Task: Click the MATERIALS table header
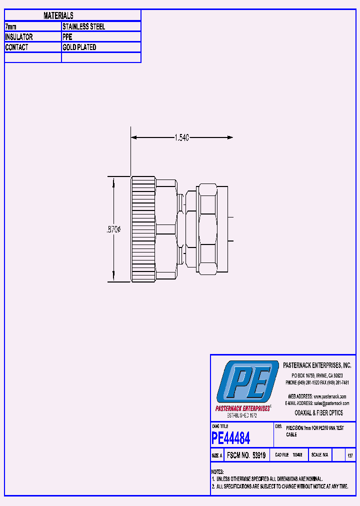click(58, 16)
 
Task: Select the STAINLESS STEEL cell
click(83, 26)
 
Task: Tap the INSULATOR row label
click(19, 37)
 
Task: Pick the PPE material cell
click(67, 37)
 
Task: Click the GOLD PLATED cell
click(79, 47)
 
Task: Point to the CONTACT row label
click(16, 47)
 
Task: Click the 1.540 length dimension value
click(181, 138)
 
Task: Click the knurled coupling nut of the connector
click(143, 229)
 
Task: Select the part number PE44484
click(231, 438)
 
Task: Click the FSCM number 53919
click(246, 455)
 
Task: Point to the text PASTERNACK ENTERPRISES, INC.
click(317, 365)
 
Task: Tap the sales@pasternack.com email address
click(331, 403)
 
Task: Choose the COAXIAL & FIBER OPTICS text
click(319, 413)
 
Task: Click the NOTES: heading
click(217, 472)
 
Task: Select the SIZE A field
click(217, 455)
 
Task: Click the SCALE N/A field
click(319, 455)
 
